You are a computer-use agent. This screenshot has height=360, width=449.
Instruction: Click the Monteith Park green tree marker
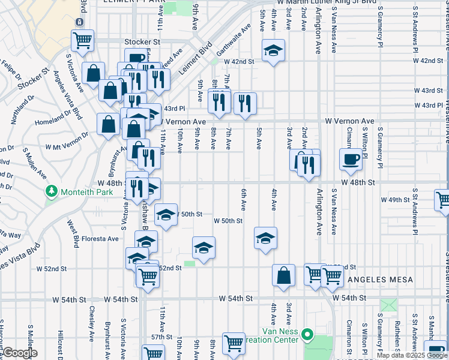52,191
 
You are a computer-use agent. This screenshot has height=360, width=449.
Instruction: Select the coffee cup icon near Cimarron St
351,158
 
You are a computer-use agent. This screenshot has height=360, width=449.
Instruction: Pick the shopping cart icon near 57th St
234,343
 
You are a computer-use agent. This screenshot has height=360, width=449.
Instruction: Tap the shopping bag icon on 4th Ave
284,275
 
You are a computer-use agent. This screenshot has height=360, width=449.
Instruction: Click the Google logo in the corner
20,353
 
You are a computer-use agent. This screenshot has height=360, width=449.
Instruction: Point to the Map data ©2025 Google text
412,355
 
